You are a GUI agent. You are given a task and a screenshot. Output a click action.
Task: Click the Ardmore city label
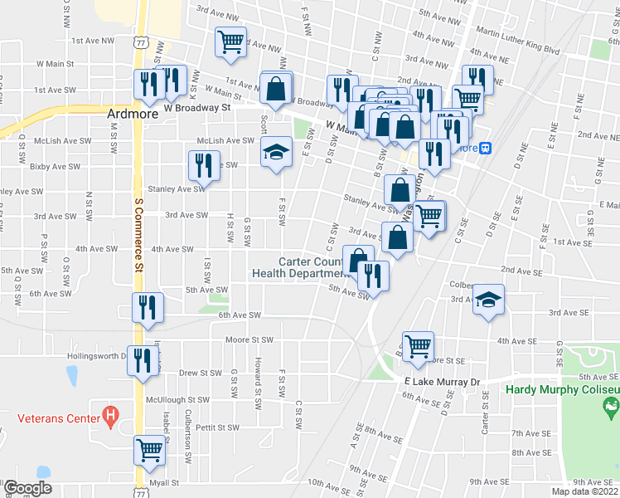[133, 115]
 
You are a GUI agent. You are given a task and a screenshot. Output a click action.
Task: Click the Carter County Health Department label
[299, 267]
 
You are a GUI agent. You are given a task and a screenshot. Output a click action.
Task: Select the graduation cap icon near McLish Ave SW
[276, 152]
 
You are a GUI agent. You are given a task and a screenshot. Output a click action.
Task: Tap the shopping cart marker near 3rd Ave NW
[231, 41]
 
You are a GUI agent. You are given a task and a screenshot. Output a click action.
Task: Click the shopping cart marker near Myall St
[149, 450]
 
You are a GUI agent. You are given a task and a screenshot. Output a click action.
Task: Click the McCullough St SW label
[177, 399]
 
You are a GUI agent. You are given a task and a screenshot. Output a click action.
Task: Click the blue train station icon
[487, 149]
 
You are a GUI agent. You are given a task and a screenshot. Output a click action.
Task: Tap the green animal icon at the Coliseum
[612, 408]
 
